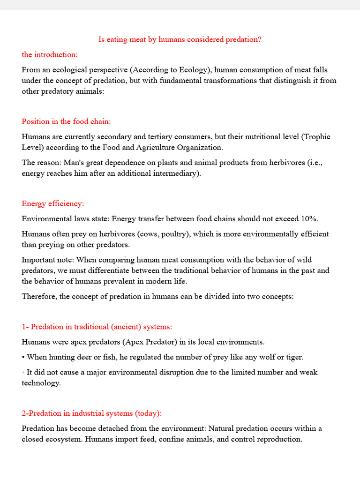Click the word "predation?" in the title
click(x=243, y=40)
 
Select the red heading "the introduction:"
click(x=50, y=55)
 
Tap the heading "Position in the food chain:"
click(x=66, y=122)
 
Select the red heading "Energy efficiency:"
click(x=53, y=204)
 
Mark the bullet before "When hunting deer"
click(x=23, y=357)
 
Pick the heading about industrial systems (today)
click(x=91, y=413)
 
